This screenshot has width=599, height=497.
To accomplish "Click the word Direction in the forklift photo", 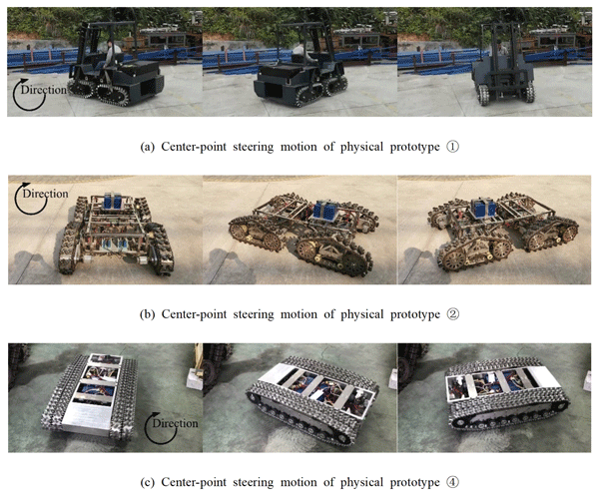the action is click(44, 90).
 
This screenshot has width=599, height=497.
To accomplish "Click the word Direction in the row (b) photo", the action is click(46, 194).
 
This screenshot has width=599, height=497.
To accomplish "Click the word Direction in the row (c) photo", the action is click(175, 424).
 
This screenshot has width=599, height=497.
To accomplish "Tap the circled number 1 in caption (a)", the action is click(452, 147).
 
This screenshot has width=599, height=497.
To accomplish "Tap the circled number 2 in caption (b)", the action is click(453, 314).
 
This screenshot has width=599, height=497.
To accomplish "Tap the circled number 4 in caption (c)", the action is click(452, 482).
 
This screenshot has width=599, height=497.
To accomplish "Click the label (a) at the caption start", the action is click(148, 147).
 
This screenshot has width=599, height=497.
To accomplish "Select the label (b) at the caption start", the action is click(148, 314).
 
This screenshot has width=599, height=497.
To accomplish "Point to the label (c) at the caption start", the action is click(148, 482).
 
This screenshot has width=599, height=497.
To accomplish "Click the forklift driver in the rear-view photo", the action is click(502, 48).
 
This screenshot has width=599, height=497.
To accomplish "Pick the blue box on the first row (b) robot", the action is click(112, 202).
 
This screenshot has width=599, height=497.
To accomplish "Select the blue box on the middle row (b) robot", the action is click(324, 211).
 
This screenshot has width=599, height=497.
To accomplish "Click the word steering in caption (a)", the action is click(253, 148).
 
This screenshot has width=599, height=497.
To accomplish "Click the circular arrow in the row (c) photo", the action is click(161, 428).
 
